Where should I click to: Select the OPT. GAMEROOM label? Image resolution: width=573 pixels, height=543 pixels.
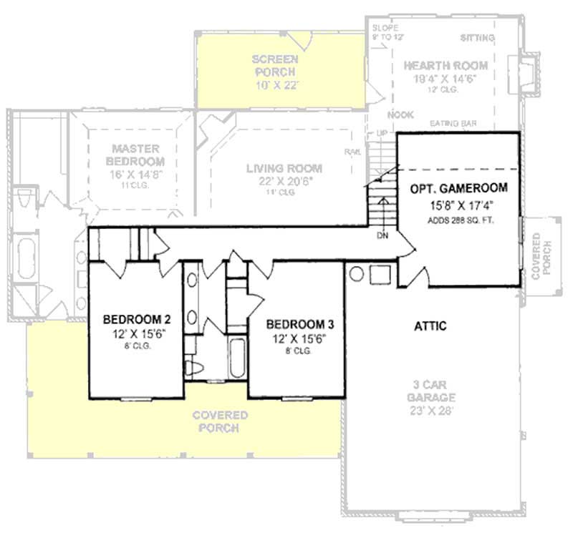coord(459,189)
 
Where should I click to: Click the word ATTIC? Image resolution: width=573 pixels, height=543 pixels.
coord(430,326)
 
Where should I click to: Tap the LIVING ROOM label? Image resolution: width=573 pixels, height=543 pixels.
coord(284,169)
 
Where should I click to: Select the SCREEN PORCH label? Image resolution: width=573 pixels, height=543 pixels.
coord(275,65)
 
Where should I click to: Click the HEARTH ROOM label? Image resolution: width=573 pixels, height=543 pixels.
coord(446,66)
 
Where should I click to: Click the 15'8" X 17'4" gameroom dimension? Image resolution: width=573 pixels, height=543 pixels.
coord(459,206)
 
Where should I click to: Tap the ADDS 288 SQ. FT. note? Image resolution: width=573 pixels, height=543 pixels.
coord(459,220)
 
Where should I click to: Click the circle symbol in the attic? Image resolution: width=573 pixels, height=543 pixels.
coord(355,273)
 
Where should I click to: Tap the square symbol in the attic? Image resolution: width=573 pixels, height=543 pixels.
coord(378,273)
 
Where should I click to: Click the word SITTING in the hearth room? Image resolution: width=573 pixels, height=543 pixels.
coord(476,37)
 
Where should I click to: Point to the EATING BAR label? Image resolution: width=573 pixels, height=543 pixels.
coord(453,124)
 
